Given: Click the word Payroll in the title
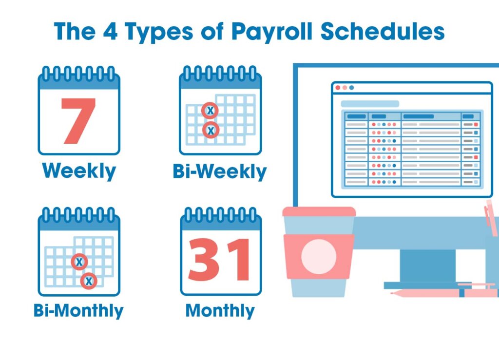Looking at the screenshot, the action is click(272, 32).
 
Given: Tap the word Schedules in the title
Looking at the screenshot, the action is click(382, 31).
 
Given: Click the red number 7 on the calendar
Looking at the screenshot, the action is click(78, 121).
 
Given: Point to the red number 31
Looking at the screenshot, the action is click(219, 260).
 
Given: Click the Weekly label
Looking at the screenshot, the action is click(79, 171).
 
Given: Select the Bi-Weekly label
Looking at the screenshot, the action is click(220, 171).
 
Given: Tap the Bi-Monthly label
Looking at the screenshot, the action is click(78, 310).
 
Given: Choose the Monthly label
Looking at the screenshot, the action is click(220, 310).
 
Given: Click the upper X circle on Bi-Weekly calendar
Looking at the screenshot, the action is click(210, 111).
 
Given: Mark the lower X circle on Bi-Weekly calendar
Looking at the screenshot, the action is click(211, 130).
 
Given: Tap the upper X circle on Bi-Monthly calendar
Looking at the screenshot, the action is click(79, 262).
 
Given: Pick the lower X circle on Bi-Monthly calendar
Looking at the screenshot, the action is click(89, 281).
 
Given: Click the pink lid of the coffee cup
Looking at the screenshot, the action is click(319, 212).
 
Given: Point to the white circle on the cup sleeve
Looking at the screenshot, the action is click(319, 257).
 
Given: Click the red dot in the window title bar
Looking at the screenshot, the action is click(338, 88).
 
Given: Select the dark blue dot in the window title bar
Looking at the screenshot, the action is click(352, 88).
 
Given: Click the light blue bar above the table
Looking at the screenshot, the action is click(370, 104).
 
